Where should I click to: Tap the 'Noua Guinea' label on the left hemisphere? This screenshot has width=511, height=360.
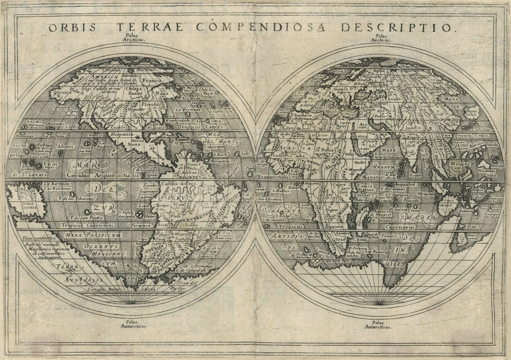point(22,205)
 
